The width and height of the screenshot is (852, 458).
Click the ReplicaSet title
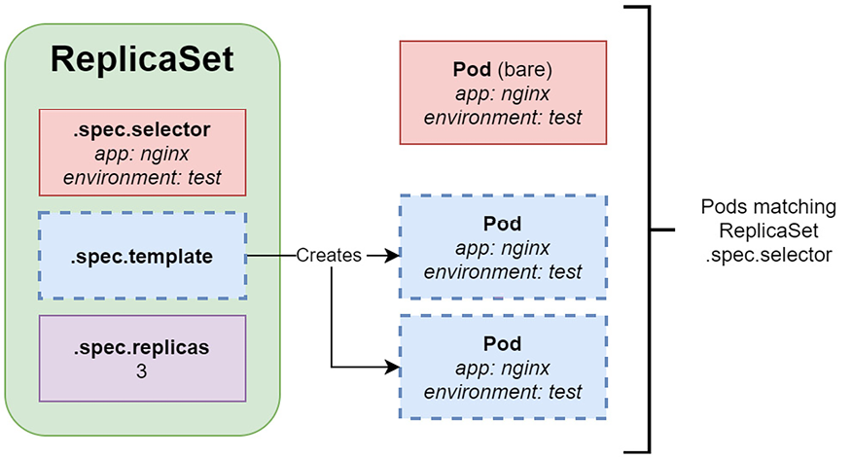(142, 59)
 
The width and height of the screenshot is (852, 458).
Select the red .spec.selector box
(142, 152)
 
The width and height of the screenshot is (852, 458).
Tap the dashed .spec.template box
(142, 256)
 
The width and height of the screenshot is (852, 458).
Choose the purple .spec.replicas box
(142, 357)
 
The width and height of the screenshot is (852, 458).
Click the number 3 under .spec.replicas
(142, 370)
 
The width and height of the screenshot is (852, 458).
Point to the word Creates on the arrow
(329, 256)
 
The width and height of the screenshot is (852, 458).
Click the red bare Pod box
(503, 92)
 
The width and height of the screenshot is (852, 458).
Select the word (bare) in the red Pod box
(527, 70)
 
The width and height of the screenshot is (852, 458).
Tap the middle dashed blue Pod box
(503, 247)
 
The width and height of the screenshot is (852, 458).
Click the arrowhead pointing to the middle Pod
(392, 256)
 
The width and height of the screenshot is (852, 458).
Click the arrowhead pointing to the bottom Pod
(392, 368)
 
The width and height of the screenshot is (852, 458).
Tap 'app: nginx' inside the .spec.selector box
(142, 154)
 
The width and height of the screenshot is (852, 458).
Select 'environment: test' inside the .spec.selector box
(142, 177)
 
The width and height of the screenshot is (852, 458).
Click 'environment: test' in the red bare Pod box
(503, 118)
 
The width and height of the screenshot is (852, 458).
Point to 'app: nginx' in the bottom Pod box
(503, 369)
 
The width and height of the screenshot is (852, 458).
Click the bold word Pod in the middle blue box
(503, 224)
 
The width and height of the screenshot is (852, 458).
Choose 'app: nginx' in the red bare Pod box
(503, 94)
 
